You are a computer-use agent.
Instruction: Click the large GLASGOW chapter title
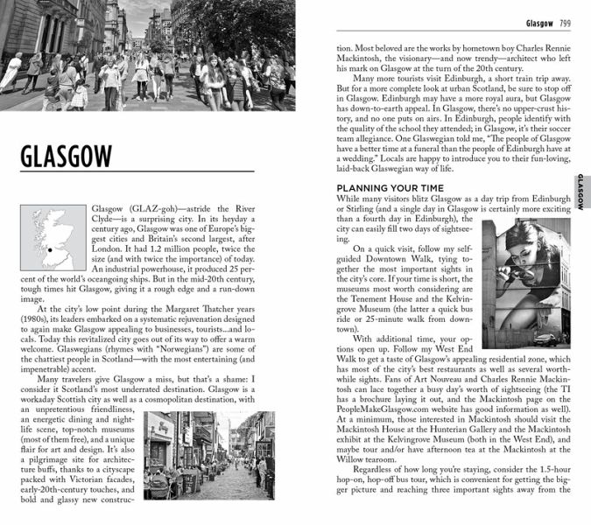pyautogui.click(x=66, y=157)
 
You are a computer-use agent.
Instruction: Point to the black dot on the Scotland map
pyautogui.click(x=51, y=249)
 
